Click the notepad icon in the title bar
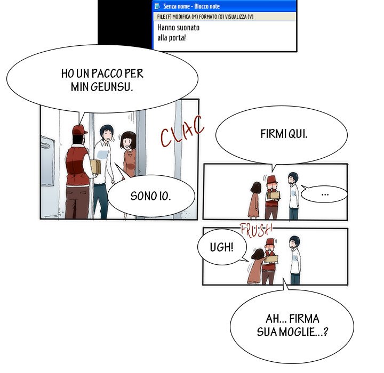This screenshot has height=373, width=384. (x=157, y=6)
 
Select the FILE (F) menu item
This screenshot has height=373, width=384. (x=164, y=17)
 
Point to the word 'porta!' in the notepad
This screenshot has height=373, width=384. (x=177, y=38)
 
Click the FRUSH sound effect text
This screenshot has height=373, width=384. (x=256, y=230)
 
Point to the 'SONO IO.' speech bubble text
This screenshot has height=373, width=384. (x=150, y=196)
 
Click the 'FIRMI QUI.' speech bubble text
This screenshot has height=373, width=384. (x=284, y=134)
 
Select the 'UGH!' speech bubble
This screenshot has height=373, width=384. (x=222, y=247)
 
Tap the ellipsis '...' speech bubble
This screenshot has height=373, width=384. (x=324, y=194)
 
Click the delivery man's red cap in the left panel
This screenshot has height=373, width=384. (x=79, y=130)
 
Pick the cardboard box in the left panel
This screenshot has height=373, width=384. (x=95, y=167)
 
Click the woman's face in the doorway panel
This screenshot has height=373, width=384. (x=128, y=142)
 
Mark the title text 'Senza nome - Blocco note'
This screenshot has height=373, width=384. (x=191, y=6)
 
